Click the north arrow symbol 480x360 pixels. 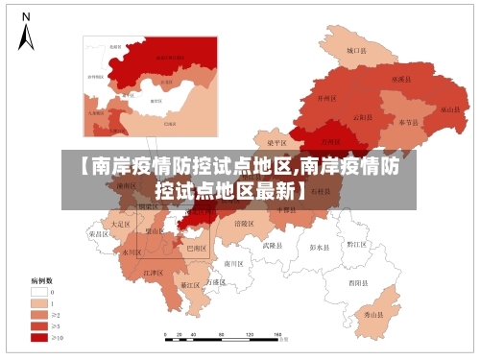26,34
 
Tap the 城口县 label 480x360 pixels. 356,50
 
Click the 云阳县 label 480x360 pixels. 363,117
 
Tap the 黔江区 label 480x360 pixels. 357,245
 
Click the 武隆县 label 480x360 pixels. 274,246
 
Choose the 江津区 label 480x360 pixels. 154,274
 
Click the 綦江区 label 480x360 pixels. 190,285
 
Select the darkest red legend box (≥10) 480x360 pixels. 39,337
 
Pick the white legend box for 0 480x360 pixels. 39,291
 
